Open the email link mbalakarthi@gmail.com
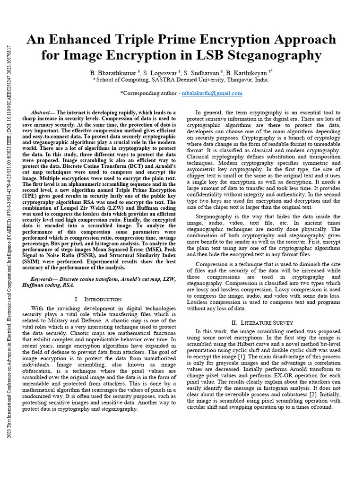tap(212, 93)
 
